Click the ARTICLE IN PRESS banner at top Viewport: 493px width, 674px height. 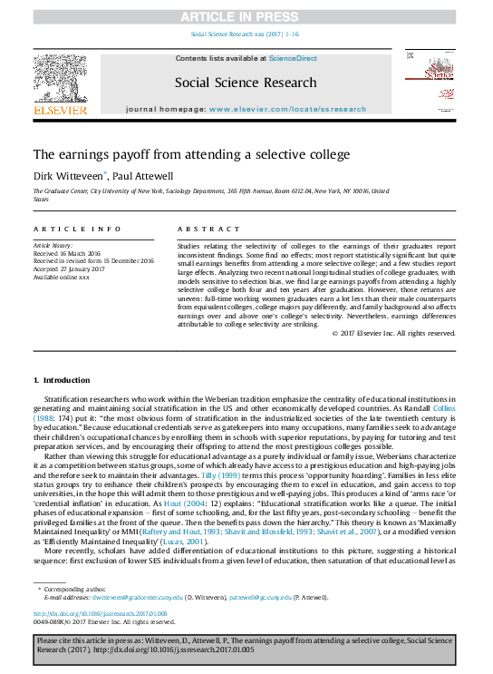coord(246,16)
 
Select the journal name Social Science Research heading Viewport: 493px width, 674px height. coord(246,82)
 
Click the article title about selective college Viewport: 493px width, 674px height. coord(191,154)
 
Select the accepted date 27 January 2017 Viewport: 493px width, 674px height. coord(70,269)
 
